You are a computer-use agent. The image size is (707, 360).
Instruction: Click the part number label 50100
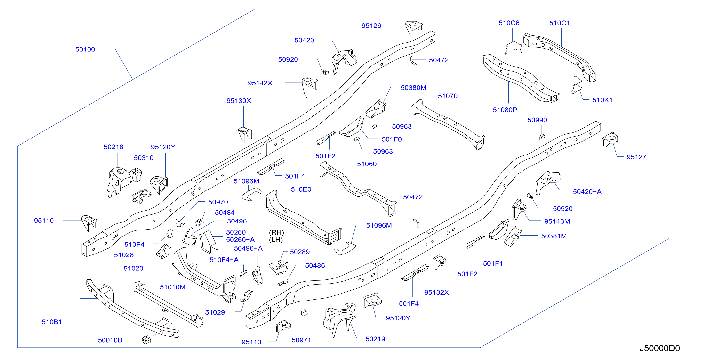(85, 49)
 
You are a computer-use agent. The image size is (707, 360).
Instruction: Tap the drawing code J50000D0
(659, 348)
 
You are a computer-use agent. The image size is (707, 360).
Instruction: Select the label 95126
(371, 26)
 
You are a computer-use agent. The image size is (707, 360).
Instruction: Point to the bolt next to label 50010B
(146, 340)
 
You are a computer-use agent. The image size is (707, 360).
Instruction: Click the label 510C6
(509, 23)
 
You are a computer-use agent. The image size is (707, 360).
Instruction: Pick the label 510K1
(602, 100)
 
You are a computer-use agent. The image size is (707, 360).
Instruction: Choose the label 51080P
(505, 110)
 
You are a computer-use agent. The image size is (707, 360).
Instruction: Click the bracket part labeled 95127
(610, 139)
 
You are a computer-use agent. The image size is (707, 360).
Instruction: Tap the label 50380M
(413, 88)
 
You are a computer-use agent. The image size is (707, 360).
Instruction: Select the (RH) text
(276, 233)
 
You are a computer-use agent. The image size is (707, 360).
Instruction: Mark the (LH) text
(276, 240)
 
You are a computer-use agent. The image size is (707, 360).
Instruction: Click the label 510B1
(52, 322)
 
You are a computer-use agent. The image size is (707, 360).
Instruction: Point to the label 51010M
(173, 287)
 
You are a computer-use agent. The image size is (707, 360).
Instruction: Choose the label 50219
(375, 339)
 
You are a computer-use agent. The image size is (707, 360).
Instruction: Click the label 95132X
(436, 293)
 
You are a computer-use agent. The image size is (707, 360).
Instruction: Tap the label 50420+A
(587, 192)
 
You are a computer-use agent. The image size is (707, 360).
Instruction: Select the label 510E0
(301, 189)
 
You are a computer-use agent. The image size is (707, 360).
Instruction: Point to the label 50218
(113, 147)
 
